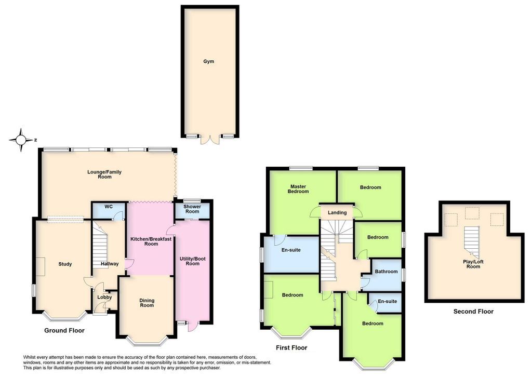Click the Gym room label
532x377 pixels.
(208, 61)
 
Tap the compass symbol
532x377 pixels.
(21, 140)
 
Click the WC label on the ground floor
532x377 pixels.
(109, 207)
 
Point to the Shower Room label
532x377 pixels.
(192, 209)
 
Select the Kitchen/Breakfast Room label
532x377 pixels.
(151, 241)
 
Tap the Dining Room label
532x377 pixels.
(147, 303)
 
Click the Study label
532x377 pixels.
(65, 264)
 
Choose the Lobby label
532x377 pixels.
(100, 298)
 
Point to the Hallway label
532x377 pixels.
(110, 264)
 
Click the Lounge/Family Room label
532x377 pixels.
(104, 174)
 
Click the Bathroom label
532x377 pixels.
(386, 272)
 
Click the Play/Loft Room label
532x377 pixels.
(473, 264)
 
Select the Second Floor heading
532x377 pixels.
(473, 312)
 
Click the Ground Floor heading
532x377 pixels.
(64, 330)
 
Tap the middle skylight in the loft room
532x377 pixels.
(472, 213)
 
